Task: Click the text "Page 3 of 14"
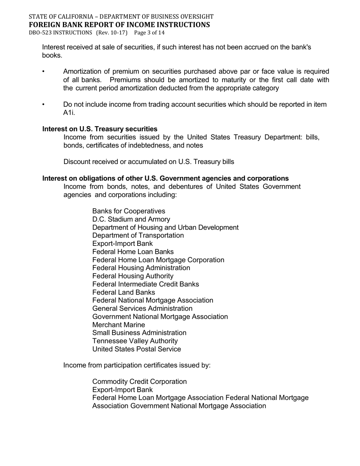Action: (x=149, y=33)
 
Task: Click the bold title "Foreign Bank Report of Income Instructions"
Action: (x=119, y=25)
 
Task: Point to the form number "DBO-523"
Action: (x=41, y=33)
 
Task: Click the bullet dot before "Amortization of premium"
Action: (x=44, y=72)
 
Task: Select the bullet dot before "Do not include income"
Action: (x=44, y=105)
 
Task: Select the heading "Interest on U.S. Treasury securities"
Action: (x=100, y=129)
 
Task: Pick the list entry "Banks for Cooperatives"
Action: (x=128, y=211)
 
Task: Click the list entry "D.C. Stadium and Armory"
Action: (x=131, y=219)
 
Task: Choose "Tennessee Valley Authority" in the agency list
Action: (x=135, y=341)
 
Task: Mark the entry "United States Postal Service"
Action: (x=136, y=349)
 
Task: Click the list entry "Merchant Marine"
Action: (x=119, y=325)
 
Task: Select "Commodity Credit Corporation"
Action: (x=139, y=382)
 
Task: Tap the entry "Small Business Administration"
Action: (x=139, y=333)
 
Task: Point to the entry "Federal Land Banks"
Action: (x=124, y=292)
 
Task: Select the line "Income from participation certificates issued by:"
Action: (x=137, y=365)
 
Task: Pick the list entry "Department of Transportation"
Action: (x=138, y=235)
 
